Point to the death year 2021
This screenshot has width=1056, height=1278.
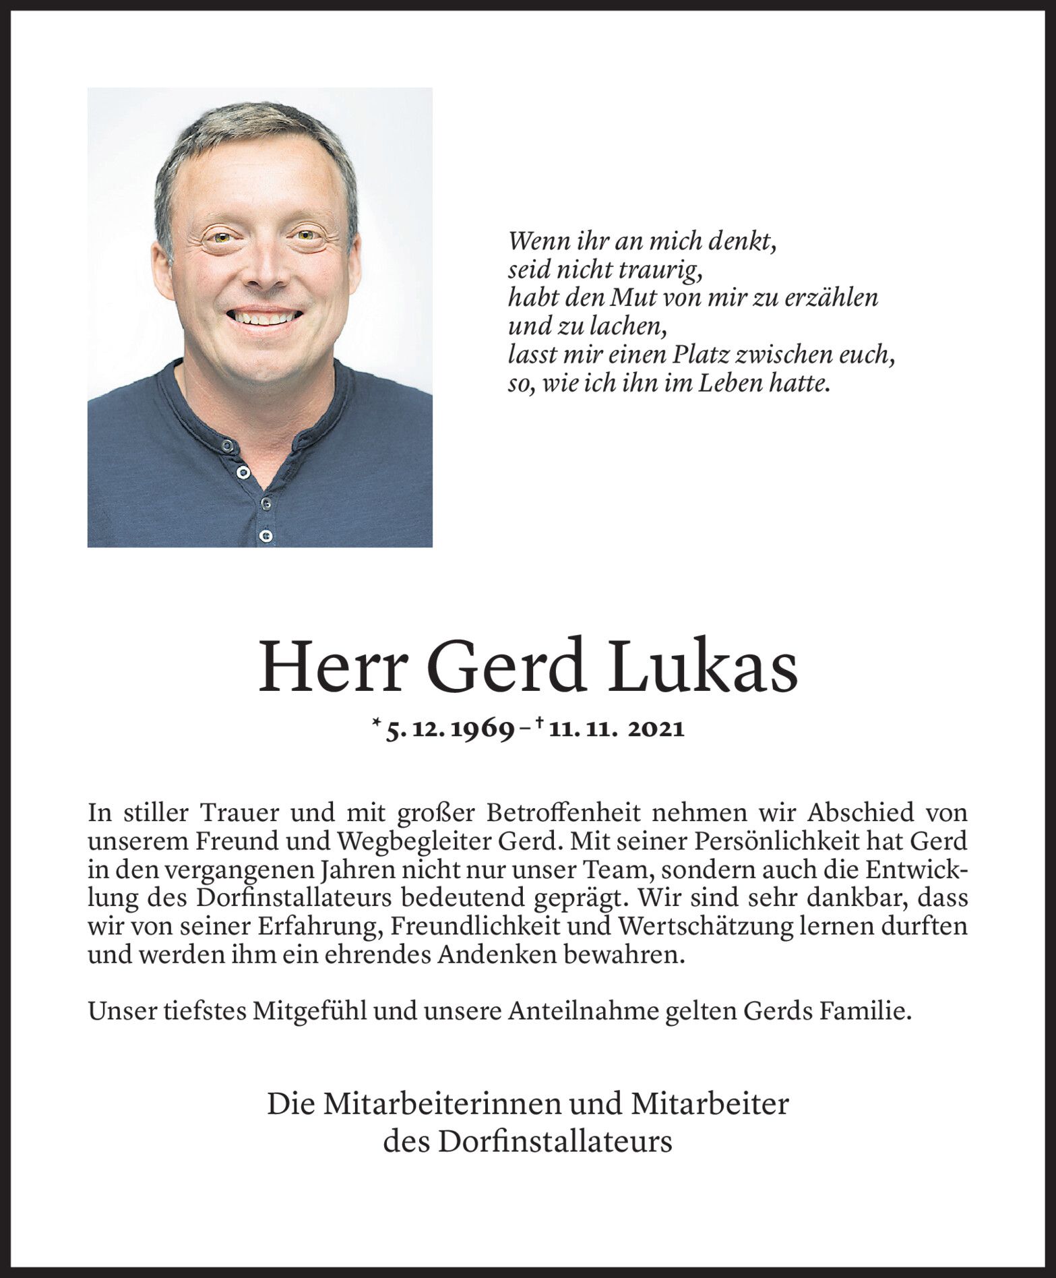point(656,729)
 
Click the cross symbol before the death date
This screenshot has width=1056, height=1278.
point(540,725)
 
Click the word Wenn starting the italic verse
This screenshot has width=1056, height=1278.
point(537,241)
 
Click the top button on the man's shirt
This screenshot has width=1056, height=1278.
point(228,446)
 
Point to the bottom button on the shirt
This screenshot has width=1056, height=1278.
point(266,537)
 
